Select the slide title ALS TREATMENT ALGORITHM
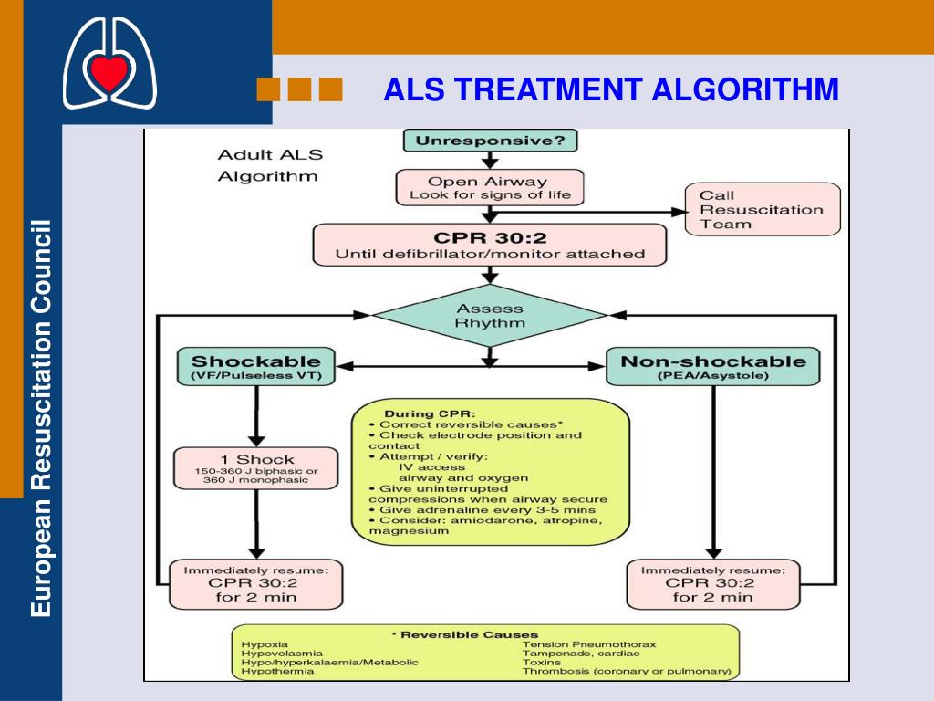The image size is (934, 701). [x=611, y=90]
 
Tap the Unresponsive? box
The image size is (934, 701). [x=490, y=141]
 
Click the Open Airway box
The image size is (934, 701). [x=490, y=188]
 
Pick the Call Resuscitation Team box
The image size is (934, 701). [x=763, y=209]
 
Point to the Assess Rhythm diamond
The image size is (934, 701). [x=490, y=316]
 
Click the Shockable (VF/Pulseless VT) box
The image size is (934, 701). [x=256, y=367]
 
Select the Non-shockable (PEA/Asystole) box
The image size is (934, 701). [x=713, y=367]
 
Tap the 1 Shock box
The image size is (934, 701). [x=256, y=468]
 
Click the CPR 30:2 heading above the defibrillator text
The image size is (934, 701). [x=490, y=238]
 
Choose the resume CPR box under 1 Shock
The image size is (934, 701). [x=256, y=584]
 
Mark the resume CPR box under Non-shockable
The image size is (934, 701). [x=713, y=584]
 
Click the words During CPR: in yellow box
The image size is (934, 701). [x=430, y=413]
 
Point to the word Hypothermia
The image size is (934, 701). [x=277, y=671]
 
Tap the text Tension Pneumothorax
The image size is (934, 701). [x=589, y=644]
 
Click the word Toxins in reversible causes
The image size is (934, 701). [x=542, y=663]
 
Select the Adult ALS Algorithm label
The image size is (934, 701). [x=270, y=166]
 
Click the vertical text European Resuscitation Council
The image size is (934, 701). [x=42, y=418]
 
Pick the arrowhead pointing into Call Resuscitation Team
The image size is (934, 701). [x=679, y=212]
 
